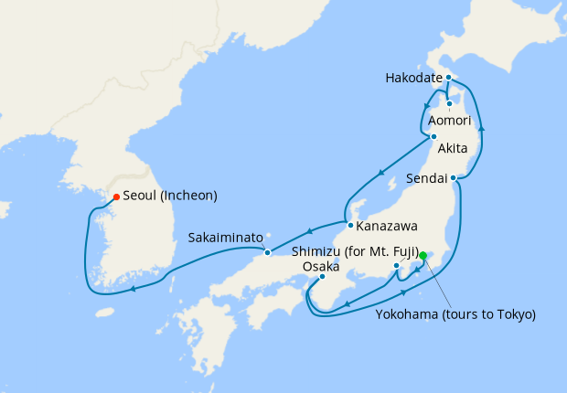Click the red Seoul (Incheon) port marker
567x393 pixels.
(x=115, y=196)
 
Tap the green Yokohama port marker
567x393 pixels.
(x=423, y=256)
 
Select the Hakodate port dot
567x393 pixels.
(x=450, y=79)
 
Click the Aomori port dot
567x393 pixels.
(x=450, y=103)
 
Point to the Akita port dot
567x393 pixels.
(x=433, y=137)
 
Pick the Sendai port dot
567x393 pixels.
(x=454, y=179)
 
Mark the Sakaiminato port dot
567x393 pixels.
(x=267, y=252)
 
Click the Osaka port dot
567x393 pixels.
(x=322, y=278)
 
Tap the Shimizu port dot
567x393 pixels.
(x=396, y=266)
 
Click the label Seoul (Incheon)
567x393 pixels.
(x=170, y=196)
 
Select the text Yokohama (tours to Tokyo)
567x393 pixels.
(x=455, y=314)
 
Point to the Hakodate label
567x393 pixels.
(x=413, y=79)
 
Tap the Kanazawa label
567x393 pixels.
(x=388, y=226)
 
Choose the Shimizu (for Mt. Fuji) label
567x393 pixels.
(x=356, y=251)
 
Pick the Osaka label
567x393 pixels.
(x=320, y=266)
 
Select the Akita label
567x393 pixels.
(x=454, y=149)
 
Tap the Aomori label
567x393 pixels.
(x=449, y=121)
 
